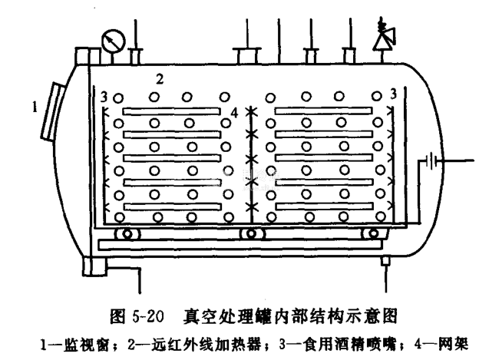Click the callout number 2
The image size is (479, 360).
160,78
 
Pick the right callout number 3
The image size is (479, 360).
393,94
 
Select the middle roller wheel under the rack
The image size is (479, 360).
249,234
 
